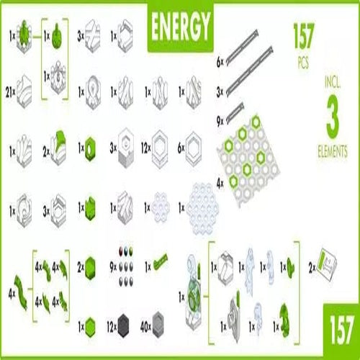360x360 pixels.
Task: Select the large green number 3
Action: pyautogui.click(x=332, y=117)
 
